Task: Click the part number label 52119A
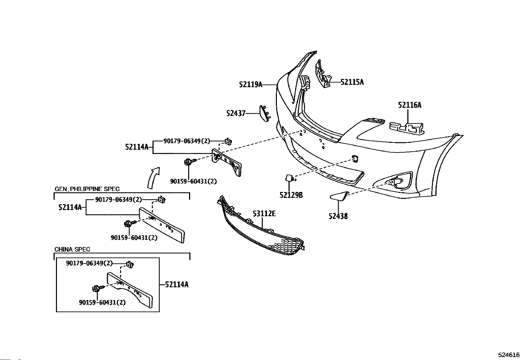tap(251, 85)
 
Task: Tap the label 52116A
tap(410, 105)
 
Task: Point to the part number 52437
tap(236, 113)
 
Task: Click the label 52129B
tap(291, 195)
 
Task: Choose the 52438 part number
tap(338, 216)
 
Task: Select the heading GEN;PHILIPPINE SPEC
tap(87, 189)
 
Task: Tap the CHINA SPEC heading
tap(72, 249)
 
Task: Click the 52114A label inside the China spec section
tap(177, 284)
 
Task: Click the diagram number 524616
tap(509, 355)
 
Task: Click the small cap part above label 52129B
tap(290, 178)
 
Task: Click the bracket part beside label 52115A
tap(323, 74)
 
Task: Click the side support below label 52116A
tap(406, 128)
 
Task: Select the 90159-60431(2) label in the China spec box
tap(102, 302)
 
